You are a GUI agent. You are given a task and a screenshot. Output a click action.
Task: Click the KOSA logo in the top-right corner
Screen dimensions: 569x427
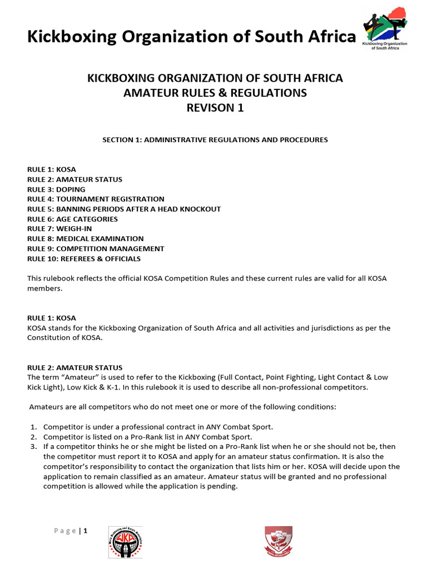click(x=385, y=28)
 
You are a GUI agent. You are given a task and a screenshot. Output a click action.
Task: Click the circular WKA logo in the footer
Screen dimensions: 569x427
click(x=125, y=542)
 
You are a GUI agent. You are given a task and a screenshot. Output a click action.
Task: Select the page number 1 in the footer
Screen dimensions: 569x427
click(x=86, y=531)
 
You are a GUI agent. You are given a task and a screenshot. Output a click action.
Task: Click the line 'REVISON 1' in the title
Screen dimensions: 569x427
click(x=215, y=108)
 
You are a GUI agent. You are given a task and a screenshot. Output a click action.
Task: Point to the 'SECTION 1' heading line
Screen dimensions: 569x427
click(x=215, y=139)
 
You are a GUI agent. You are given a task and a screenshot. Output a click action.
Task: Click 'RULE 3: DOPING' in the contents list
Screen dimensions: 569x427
click(x=56, y=189)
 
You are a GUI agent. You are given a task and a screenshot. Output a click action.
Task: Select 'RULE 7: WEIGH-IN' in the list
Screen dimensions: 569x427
click(x=60, y=229)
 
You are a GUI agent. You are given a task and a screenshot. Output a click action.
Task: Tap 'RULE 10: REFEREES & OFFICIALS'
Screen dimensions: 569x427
click(x=84, y=259)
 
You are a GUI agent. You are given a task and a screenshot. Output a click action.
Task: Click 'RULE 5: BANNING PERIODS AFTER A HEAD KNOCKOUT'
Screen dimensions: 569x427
click(x=124, y=209)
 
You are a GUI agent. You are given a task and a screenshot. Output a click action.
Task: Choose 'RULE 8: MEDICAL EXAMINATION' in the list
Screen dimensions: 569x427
click(x=86, y=239)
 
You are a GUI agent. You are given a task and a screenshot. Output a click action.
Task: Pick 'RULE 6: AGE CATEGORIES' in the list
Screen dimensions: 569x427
click(x=73, y=219)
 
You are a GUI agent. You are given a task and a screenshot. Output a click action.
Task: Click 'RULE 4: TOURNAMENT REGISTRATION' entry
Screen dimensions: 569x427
click(x=96, y=199)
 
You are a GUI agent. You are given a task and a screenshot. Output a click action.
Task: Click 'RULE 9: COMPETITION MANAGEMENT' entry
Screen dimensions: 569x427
click(x=96, y=249)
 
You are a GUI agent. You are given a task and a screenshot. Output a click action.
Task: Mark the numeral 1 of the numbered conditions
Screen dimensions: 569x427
click(x=33, y=427)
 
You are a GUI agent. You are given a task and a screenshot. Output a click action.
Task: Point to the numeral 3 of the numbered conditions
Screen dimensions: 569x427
click(x=33, y=447)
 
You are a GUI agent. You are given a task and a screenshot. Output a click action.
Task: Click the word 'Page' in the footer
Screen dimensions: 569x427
click(x=66, y=531)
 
